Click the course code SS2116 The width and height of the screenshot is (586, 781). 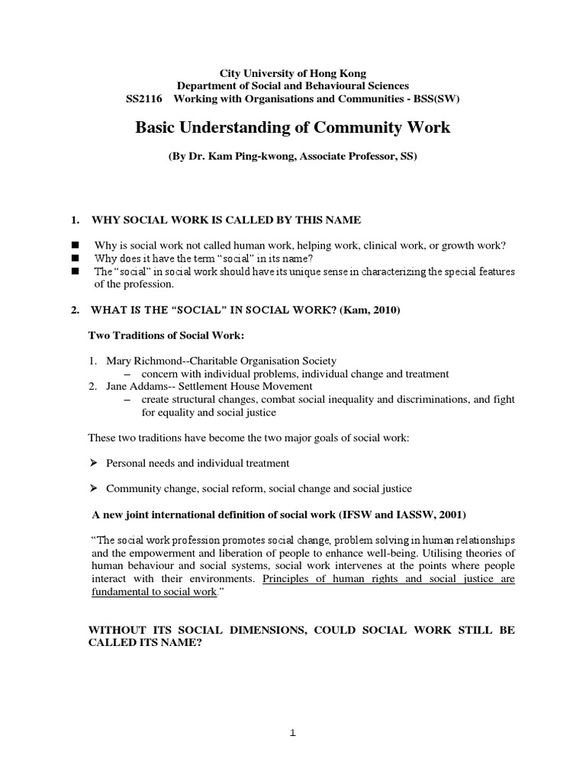click(x=143, y=98)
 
